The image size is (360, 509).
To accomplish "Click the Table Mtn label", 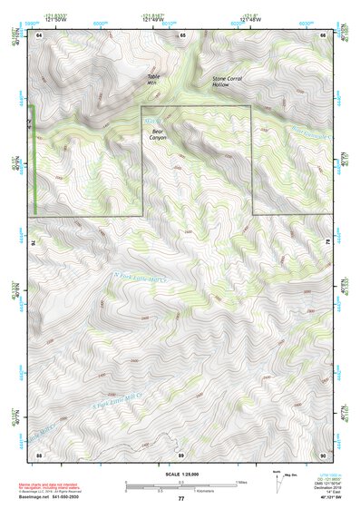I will click(x=153, y=79).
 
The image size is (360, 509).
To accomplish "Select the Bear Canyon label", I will click(x=158, y=135).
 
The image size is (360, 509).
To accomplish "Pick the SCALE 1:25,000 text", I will click(x=180, y=475).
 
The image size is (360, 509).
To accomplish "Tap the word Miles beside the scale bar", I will click(x=240, y=482).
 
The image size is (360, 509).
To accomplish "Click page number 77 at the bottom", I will click(x=180, y=500).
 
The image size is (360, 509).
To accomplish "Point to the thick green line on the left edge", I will click(x=34, y=160).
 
